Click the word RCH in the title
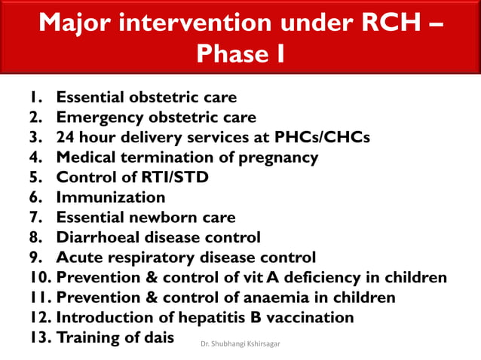[381, 23]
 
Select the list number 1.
[35, 98]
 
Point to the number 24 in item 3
[66, 138]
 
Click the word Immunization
[110, 198]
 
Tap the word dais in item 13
[156, 337]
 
